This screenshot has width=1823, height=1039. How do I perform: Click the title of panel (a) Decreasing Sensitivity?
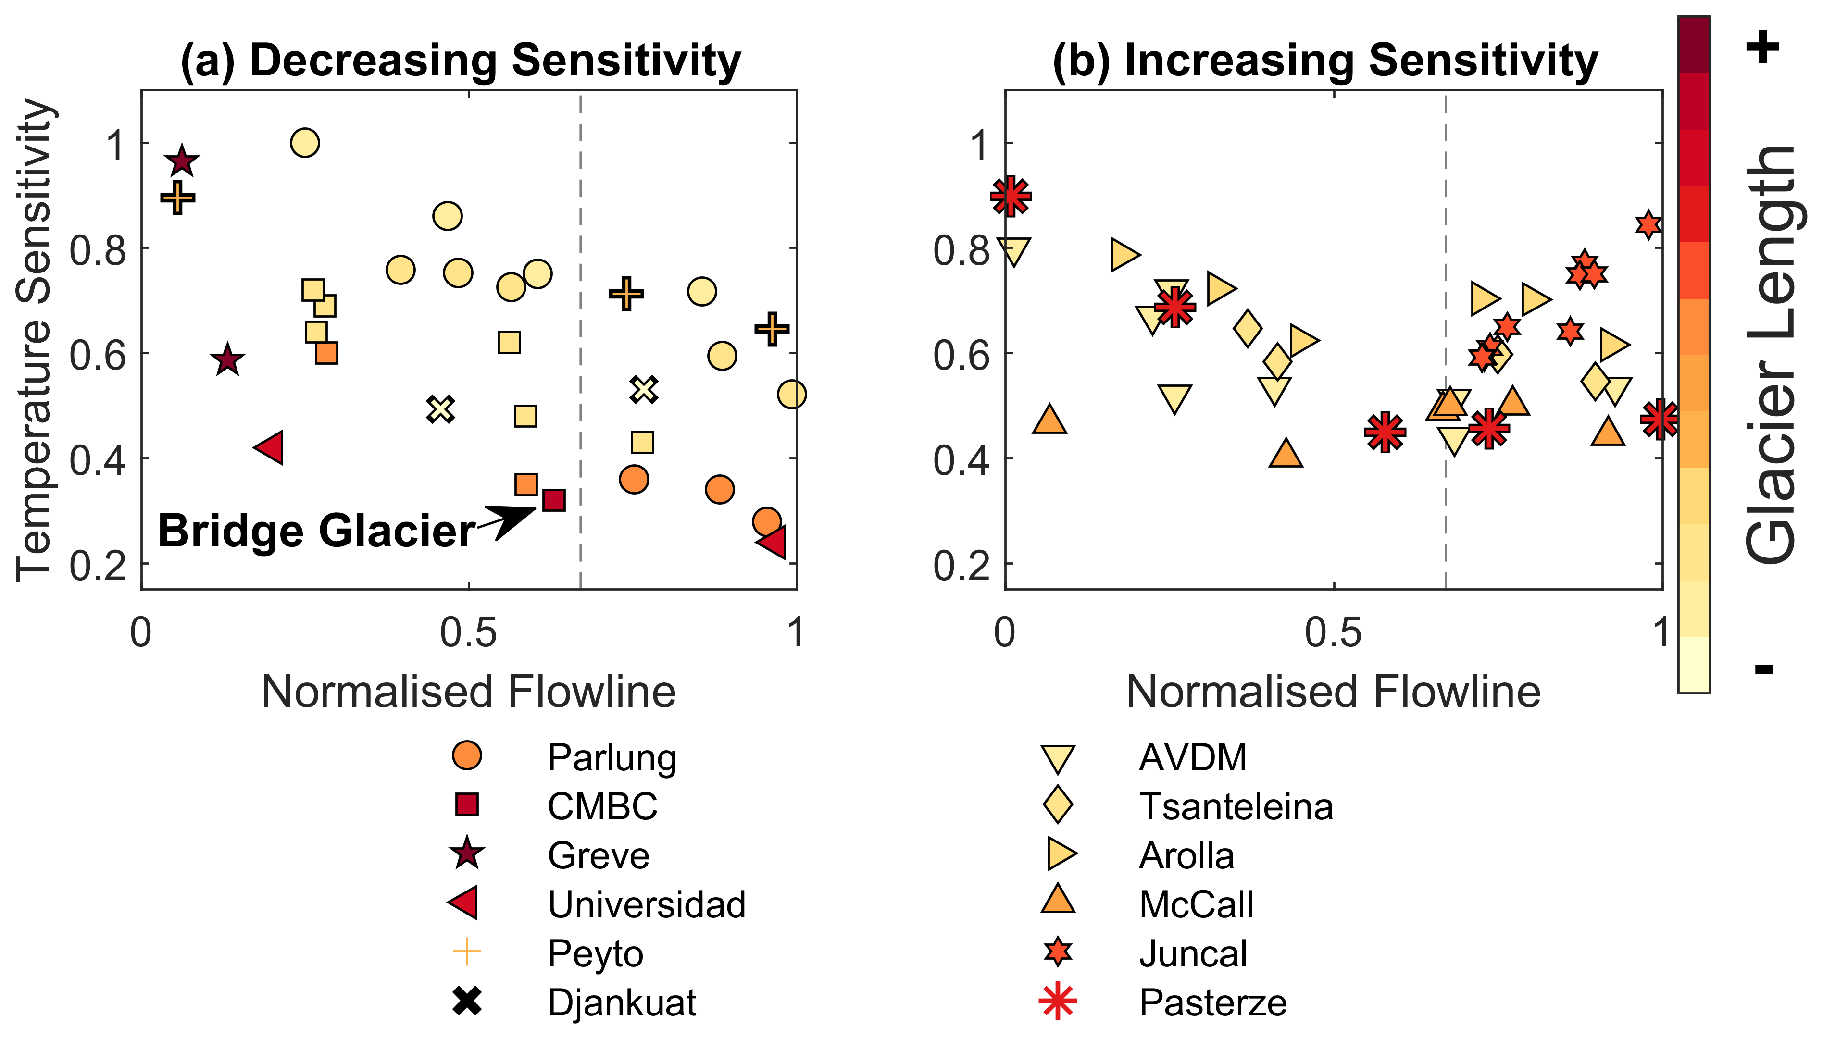(461, 60)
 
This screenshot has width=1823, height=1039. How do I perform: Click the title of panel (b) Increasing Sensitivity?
(1325, 60)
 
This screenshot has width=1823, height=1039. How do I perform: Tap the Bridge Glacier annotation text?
(316, 532)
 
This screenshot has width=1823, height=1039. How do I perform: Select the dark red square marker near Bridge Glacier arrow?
(554, 500)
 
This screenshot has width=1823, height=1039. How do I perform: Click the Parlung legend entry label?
(612, 758)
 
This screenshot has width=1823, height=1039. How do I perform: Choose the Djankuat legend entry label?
(621, 1002)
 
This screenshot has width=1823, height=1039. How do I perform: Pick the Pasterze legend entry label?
(1213, 1002)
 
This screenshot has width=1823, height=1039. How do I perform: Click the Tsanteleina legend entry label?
(1236, 807)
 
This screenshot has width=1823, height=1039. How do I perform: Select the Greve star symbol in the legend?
(467, 854)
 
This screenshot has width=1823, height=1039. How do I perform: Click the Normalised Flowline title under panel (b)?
(1333, 692)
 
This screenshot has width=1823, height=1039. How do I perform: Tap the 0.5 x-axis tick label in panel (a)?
(468, 633)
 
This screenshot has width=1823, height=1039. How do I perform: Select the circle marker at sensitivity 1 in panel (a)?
(305, 143)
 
